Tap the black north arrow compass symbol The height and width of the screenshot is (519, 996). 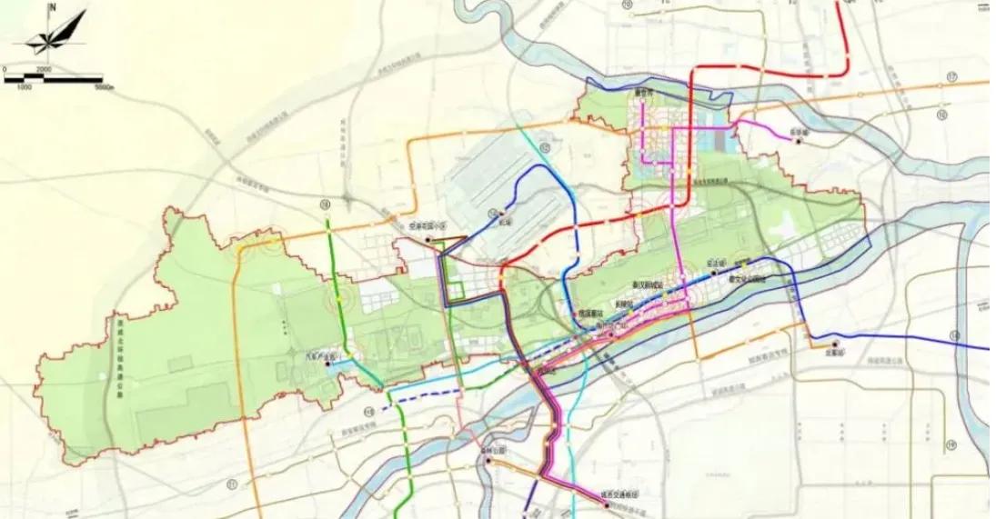(x=57, y=35)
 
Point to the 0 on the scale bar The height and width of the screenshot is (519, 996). (x=5, y=69)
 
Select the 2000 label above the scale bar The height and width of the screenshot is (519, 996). (x=44, y=69)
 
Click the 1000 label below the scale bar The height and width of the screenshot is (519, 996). (x=25, y=87)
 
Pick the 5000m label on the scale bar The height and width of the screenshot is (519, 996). (x=102, y=87)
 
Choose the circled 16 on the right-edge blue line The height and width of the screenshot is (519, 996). (x=954, y=336)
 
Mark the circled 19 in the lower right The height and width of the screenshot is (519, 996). (x=951, y=444)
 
